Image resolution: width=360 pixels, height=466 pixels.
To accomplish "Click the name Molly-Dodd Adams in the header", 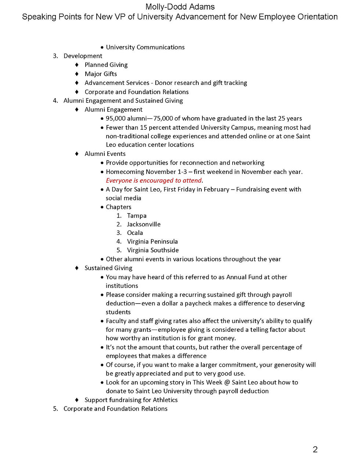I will [180, 7].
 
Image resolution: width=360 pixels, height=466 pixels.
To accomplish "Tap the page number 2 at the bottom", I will [315, 449].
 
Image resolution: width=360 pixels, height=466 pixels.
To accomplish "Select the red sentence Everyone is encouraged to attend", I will [154, 180].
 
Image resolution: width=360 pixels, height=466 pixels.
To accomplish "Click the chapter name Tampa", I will [137, 216].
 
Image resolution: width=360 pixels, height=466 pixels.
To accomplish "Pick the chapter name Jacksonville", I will [144, 224].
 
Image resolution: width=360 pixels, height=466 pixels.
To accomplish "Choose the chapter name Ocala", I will [135, 233].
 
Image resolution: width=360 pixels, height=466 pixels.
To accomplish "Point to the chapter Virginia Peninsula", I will [152, 241].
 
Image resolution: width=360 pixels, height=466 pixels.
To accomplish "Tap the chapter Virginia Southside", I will [153, 250].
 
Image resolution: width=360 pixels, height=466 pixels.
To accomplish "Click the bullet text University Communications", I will [145, 47].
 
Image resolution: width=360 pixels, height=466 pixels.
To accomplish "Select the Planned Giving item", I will [106, 65].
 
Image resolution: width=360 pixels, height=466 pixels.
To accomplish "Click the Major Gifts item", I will [101, 74].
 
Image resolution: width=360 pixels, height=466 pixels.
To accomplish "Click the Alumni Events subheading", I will [105, 154].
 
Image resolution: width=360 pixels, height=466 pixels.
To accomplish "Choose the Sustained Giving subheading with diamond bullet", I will [108, 268].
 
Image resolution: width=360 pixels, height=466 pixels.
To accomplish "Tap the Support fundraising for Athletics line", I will [131, 400].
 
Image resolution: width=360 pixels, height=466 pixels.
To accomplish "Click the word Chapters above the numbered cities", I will [118, 207].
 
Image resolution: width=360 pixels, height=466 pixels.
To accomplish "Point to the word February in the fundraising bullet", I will [213, 189].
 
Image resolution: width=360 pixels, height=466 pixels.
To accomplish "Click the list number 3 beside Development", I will [55, 56].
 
